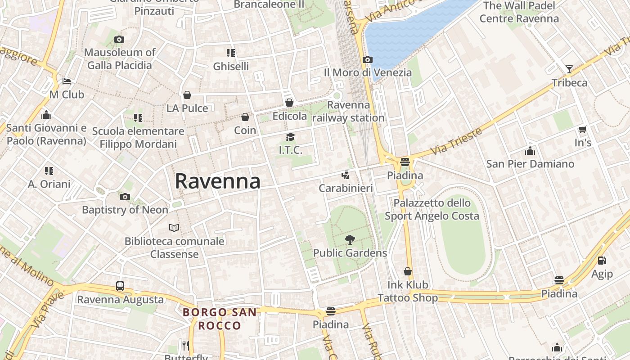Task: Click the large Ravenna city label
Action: pyautogui.click(x=217, y=181)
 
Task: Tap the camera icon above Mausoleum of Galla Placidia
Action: pyautogui.click(x=119, y=40)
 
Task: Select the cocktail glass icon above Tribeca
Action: pyautogui.click(x=569, y=69)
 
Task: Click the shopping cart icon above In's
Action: pyautogui.click(x=583, y=130)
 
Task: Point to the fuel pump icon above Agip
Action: pyautogui.click(x=602, y=261)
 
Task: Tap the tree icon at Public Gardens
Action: pyautogui.click(x=350, y=240)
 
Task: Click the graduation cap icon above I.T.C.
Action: pyautogui.click(x=290, y=137)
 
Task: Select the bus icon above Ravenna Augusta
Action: pyautogui.click(x=120, y=286)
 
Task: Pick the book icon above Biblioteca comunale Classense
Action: pyautogui.click(x=174, y=228)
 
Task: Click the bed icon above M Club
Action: pyautogui.click(x=67, y=81)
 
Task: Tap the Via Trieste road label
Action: pyautogui.click(x=456, y=141)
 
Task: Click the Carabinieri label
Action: pyautogui.click(x=346, y=188)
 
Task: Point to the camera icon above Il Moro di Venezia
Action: pyautogui.click(x=368, y=59)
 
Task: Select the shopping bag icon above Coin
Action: pyautogui.click(x=245, y=117)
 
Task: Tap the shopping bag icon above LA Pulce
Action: pyautogui.click(x=187, y=95)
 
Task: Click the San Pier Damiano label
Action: pyautogui.click(x=530, y=164)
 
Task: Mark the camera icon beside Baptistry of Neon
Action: pyautogui.click(x=125, y=197)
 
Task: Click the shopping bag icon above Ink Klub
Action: pyautogui.click(x=408, y=271)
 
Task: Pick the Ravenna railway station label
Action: pyautogui.click(x=349, y=112)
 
